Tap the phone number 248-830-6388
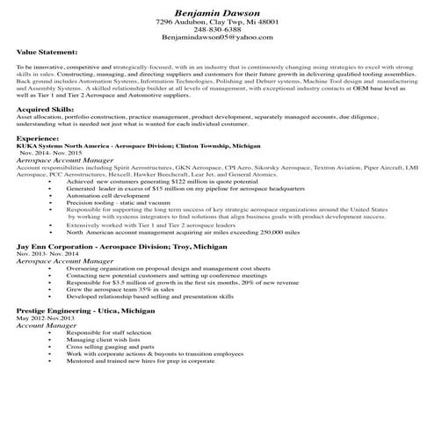point(215,30)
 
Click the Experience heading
point(40,138)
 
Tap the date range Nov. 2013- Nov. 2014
point(52,255)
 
